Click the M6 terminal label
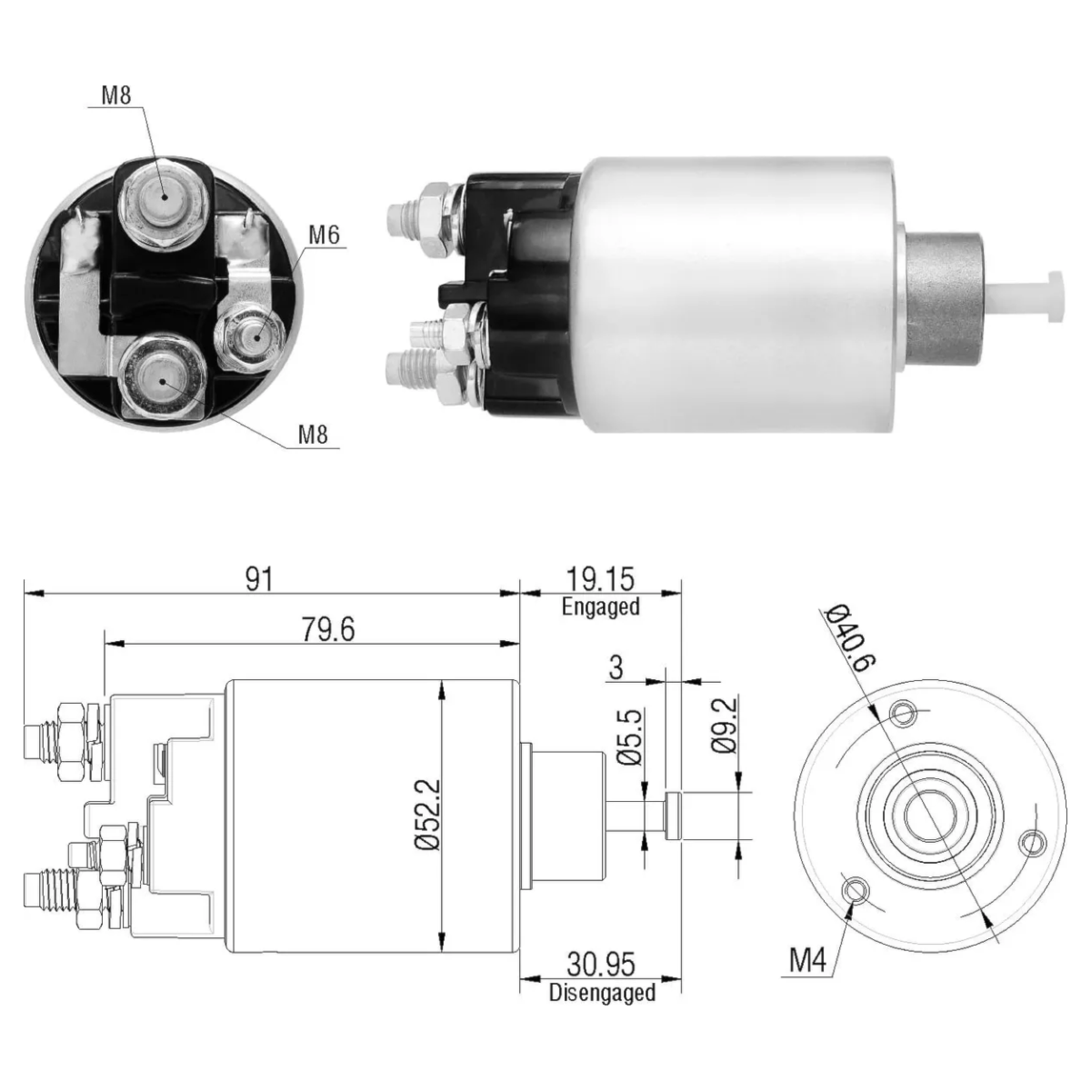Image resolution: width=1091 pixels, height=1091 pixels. coord(324,235)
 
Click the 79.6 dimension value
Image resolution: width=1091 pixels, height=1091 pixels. coord(328,629)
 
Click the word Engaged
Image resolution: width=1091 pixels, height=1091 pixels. coord(600,606)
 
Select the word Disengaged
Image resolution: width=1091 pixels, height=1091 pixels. coord(602,993)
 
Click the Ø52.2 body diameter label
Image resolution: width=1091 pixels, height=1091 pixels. coord(427,815)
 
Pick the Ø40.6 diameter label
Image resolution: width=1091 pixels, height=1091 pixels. coord(850,638)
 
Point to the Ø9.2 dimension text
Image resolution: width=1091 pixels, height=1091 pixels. coord(726,726)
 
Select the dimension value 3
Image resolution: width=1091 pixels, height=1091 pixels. coord(616,667)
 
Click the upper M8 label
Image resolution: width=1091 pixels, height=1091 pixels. coord(116,95)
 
